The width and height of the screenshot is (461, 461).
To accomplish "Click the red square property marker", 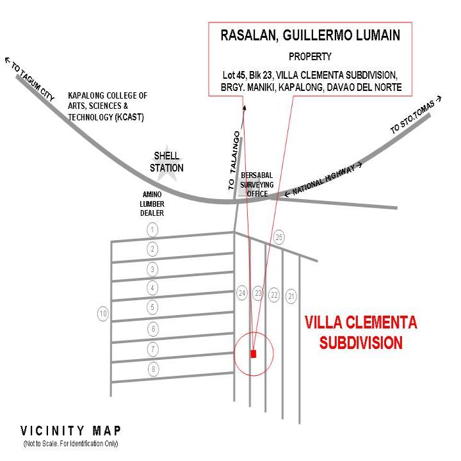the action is tap(254, 353).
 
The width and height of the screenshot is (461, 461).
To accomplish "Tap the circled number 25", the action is tap(279, 237).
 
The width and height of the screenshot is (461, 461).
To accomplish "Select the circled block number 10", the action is tap(103, 314).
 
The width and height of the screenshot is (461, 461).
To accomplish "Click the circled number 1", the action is tap(152, 230).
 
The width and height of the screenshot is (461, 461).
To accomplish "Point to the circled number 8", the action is tap(153, 369).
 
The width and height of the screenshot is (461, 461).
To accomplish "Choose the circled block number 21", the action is tap(291, 296).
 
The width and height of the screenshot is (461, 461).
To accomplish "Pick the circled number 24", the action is tap(242, 293).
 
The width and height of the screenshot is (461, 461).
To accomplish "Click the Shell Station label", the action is tap(166, 162).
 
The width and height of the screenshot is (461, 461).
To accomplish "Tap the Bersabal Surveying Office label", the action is tap(257, 184).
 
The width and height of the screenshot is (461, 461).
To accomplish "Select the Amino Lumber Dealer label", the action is tap(152, 204).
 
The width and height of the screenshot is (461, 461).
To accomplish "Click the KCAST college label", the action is tap(108, 106).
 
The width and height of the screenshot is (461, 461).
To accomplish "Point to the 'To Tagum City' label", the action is tap(30, 79).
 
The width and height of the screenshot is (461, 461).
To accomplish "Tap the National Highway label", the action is tap(323, 179).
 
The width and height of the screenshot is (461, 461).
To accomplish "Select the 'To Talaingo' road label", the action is tap(234, 160).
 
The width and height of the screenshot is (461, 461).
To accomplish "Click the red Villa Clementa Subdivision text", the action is tap(360, 332).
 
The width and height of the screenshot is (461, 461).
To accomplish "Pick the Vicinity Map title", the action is tap(70, 431).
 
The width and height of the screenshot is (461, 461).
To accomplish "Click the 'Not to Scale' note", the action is tap(70, 444).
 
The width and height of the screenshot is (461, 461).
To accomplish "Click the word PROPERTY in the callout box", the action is tap(310, 56).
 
